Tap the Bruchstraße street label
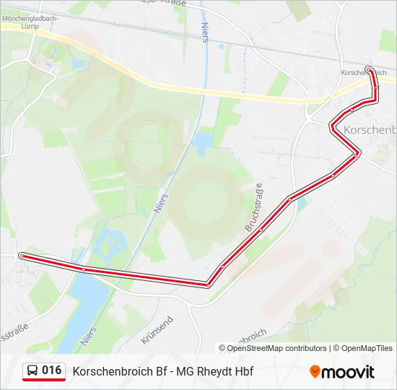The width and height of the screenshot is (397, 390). (254, 208)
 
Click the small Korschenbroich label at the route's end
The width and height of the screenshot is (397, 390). (363, 74)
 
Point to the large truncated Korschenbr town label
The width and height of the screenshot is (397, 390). (370, 130)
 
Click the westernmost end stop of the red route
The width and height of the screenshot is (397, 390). (22, 256)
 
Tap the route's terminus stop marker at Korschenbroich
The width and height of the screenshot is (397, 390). (369, 69)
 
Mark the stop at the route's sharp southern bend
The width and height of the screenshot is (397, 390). (208, 285)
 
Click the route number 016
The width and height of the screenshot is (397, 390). (52, 370)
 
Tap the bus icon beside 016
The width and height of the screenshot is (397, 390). (33, 371)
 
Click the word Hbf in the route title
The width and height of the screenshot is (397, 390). (243, 372)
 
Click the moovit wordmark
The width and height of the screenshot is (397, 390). (348, 372)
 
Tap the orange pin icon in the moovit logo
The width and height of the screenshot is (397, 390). (315, 372)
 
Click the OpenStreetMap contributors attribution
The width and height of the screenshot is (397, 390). (276, 348)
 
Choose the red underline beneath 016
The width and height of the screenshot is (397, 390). (44, 381)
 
